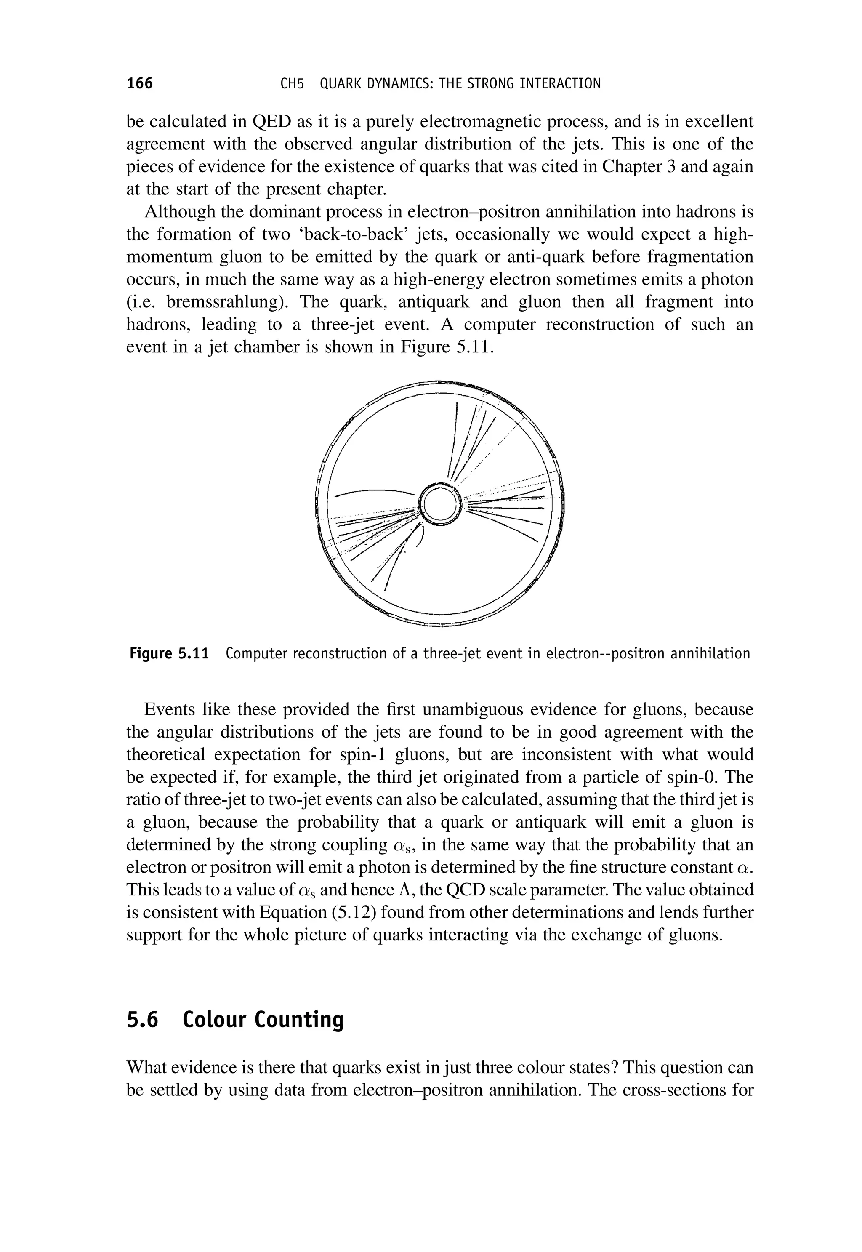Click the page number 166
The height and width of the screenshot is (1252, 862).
(x=139, y=84)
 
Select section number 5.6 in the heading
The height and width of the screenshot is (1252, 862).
(x=143, y=1020)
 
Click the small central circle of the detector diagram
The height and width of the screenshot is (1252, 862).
(x=440, y=505)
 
